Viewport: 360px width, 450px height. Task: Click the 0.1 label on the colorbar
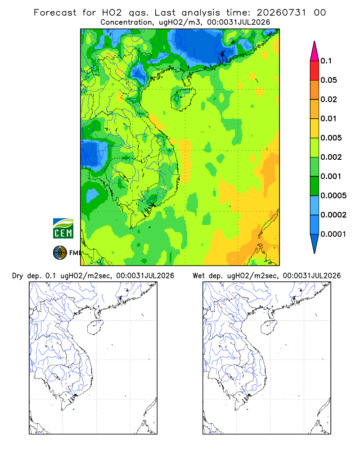[326, 61]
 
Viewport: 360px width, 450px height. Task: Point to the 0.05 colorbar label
[328, 80]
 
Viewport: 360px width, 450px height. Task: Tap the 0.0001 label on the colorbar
[333, 234]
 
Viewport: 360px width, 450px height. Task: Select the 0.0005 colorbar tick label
[333, 196]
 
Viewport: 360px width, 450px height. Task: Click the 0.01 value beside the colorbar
[328, 118]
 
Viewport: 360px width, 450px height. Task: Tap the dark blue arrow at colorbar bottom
[315, 243]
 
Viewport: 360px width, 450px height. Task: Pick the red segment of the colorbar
[315, 71]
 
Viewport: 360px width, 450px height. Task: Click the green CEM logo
[63, 229]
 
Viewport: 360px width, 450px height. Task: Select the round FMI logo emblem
[60, 252]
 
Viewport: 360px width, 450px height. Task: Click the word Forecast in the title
[55, 13]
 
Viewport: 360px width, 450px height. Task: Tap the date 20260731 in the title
[281, 13]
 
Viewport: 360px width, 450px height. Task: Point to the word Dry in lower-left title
[18, 276]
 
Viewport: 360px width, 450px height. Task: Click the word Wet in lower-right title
[198, 276]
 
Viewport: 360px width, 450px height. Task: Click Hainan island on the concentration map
[183, 99]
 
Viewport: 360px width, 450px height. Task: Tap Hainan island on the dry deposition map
[95, 328]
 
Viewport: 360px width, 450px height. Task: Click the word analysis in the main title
[201, 13]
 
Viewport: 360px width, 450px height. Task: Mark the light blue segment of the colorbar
[315, 205]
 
